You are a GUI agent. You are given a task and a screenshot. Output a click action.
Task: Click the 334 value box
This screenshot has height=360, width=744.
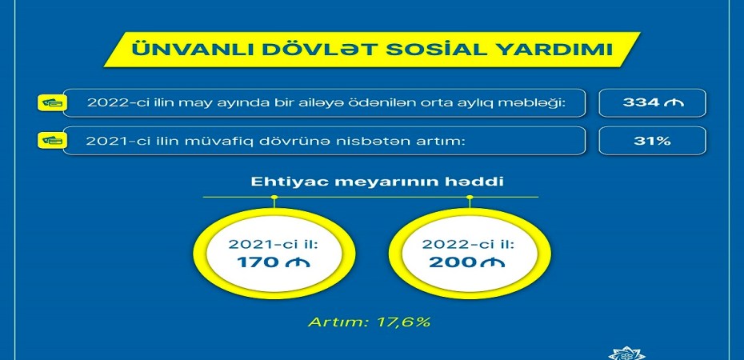click(652, 102)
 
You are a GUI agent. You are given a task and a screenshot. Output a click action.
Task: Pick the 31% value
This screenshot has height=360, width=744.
click(653, 140)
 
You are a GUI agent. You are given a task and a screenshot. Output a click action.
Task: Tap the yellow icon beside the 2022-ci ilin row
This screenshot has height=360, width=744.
click(52, 102)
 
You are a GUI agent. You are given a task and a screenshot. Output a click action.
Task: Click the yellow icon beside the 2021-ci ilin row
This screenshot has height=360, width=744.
click(52, 140)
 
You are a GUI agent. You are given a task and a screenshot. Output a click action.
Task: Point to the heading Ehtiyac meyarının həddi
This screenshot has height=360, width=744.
click(370, 182)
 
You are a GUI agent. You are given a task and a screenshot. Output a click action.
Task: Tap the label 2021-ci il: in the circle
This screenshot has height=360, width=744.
click(274, 246)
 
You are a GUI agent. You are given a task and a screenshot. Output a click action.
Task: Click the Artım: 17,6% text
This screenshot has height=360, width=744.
click(369, 322)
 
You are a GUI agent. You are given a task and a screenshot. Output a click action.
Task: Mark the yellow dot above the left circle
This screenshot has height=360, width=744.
click(274, 197)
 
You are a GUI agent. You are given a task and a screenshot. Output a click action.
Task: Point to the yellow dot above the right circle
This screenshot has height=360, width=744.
click(470, 197)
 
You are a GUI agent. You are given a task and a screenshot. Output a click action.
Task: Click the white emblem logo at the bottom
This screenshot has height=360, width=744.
click(627, 354)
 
